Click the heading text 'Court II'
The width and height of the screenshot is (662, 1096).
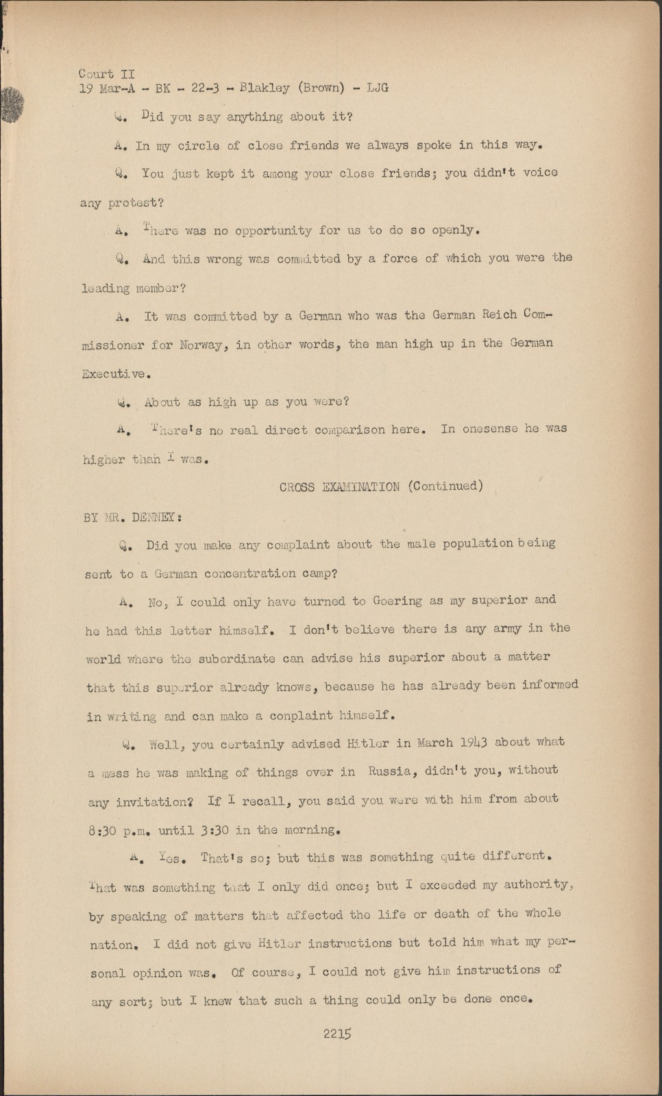tap(107, 73)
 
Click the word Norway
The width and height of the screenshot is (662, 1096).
tap(201, 345)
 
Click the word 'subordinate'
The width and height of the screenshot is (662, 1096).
tap(236, 658)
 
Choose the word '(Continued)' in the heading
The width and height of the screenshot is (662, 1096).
tap(445, 486)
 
